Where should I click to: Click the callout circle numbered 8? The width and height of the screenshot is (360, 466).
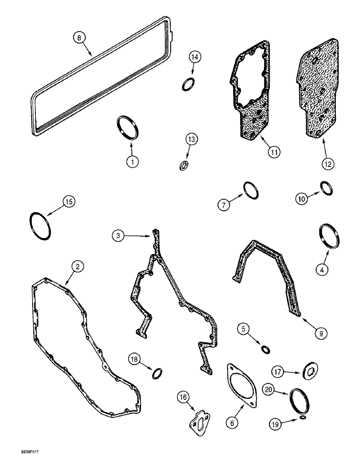click(x=80, y=36)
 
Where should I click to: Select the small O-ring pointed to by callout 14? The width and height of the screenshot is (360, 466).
click(x=188, y=84)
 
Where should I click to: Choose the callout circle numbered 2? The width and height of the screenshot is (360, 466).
click(x=77, y=267)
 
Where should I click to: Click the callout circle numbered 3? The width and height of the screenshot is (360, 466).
click(x=118, y=236)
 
